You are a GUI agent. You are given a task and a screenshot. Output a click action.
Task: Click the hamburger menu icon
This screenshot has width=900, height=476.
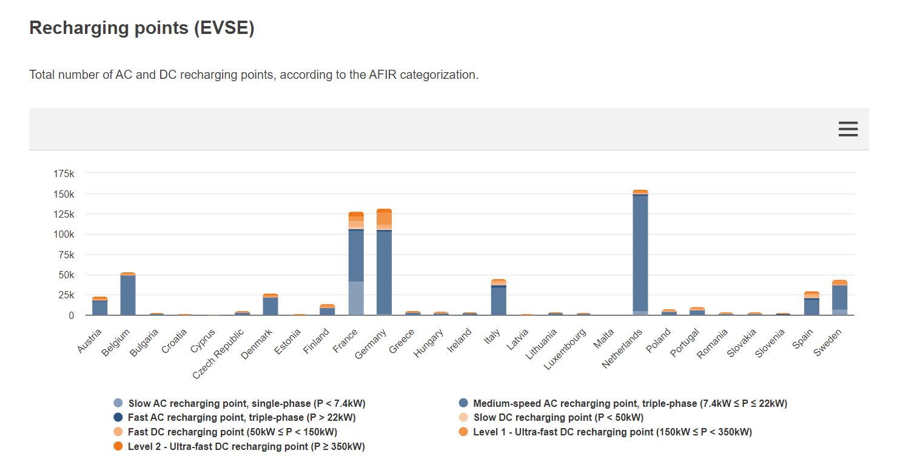click(848, 129)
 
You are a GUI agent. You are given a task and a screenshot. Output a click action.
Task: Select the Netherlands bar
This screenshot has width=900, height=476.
click(640, 255)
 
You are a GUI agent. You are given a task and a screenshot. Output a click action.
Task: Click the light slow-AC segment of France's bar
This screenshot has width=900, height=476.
click(356, 298)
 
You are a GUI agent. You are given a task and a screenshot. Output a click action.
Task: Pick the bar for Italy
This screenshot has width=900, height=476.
click(499, 301)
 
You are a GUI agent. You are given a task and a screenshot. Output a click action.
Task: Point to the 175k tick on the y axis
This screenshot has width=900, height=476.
click(64, 174)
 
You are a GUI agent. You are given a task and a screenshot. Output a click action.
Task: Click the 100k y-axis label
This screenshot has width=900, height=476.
click(64, 235)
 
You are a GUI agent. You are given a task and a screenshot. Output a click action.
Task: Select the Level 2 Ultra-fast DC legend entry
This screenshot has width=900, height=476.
click(246, 447)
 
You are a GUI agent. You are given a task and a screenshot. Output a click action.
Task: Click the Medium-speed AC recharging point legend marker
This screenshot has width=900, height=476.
click(464, 403)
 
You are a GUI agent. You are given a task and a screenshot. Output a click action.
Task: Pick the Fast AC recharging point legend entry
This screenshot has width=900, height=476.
click(241, 418)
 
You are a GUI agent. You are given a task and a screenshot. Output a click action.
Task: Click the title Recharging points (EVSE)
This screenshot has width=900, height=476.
click(142, 28)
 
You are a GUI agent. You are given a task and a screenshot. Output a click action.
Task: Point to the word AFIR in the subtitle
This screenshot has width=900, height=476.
click(383, 76)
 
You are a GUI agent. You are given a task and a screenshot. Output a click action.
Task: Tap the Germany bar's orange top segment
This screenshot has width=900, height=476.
click(385, 216)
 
